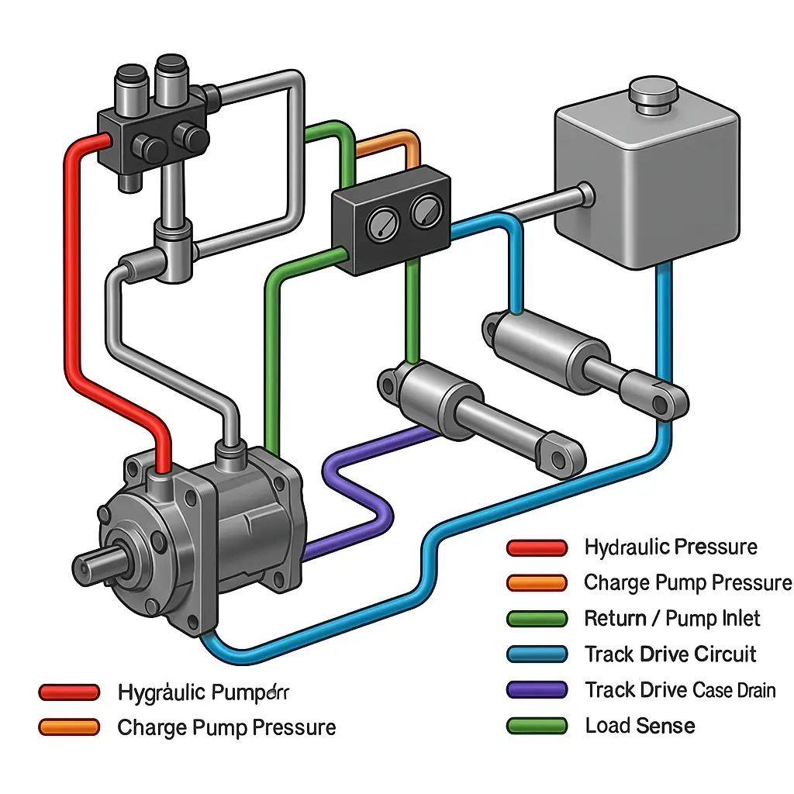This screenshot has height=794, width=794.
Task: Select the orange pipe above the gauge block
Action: click(388, 144)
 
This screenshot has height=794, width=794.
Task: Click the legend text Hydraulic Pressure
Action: click(671, 547)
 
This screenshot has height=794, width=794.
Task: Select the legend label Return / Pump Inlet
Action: click(672, 619)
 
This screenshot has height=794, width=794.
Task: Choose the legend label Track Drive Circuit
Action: click(670, 654)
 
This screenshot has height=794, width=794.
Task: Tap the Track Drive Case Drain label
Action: click(680, 689)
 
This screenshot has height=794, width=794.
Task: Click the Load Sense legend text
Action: click(640, 726)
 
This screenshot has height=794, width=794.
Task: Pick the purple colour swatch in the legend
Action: click(537, 689)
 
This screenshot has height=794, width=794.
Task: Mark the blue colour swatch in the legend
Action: click(537, 654)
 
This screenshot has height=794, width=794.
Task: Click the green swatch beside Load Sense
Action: click(537, 726)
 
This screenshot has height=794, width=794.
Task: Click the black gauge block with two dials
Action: click(390, 221)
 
